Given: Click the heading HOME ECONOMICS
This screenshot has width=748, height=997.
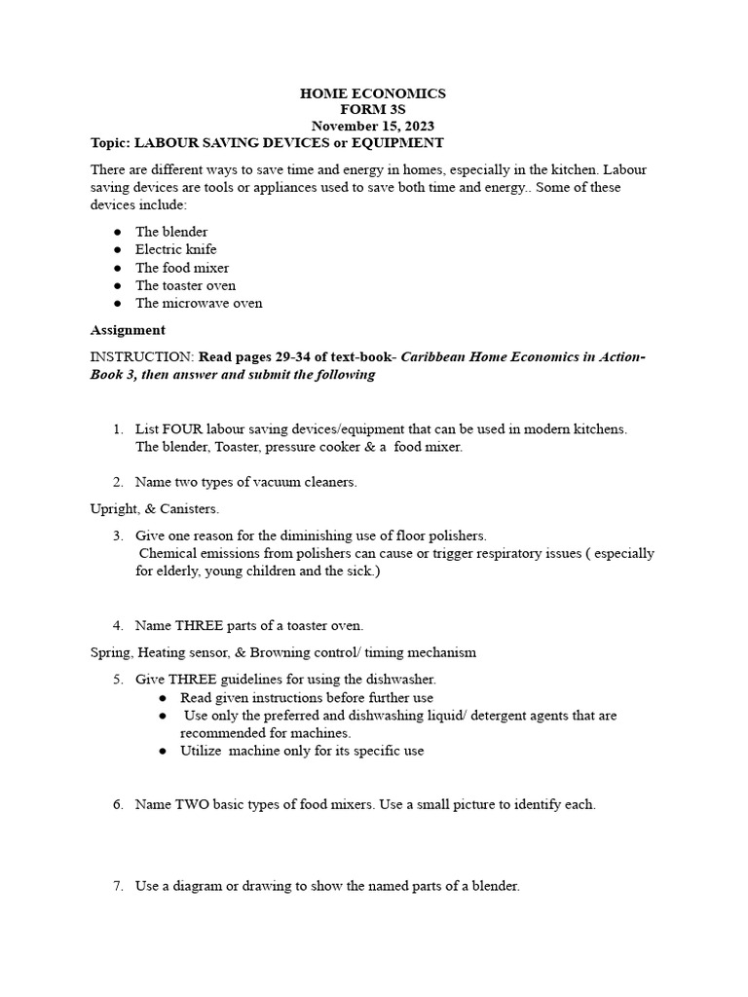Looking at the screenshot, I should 372,93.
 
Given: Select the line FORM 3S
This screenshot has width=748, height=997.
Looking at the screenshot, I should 372,110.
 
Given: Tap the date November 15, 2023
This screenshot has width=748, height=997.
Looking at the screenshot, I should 372,127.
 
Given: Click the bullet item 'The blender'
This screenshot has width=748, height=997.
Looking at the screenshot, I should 171,232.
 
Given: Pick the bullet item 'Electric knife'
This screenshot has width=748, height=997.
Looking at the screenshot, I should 176,249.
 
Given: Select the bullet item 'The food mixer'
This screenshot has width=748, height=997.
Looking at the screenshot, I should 182,268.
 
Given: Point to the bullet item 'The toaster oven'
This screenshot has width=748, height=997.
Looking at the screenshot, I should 185,285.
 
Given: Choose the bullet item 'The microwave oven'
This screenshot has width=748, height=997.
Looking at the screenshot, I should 199,303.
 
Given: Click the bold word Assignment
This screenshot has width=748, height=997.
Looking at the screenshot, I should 128,330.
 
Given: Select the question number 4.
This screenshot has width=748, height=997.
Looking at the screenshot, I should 117,625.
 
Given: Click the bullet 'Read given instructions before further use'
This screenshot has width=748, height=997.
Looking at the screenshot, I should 307,698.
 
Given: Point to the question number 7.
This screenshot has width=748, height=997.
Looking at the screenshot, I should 117,886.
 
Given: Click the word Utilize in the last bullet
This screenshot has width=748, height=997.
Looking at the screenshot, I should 202,751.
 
